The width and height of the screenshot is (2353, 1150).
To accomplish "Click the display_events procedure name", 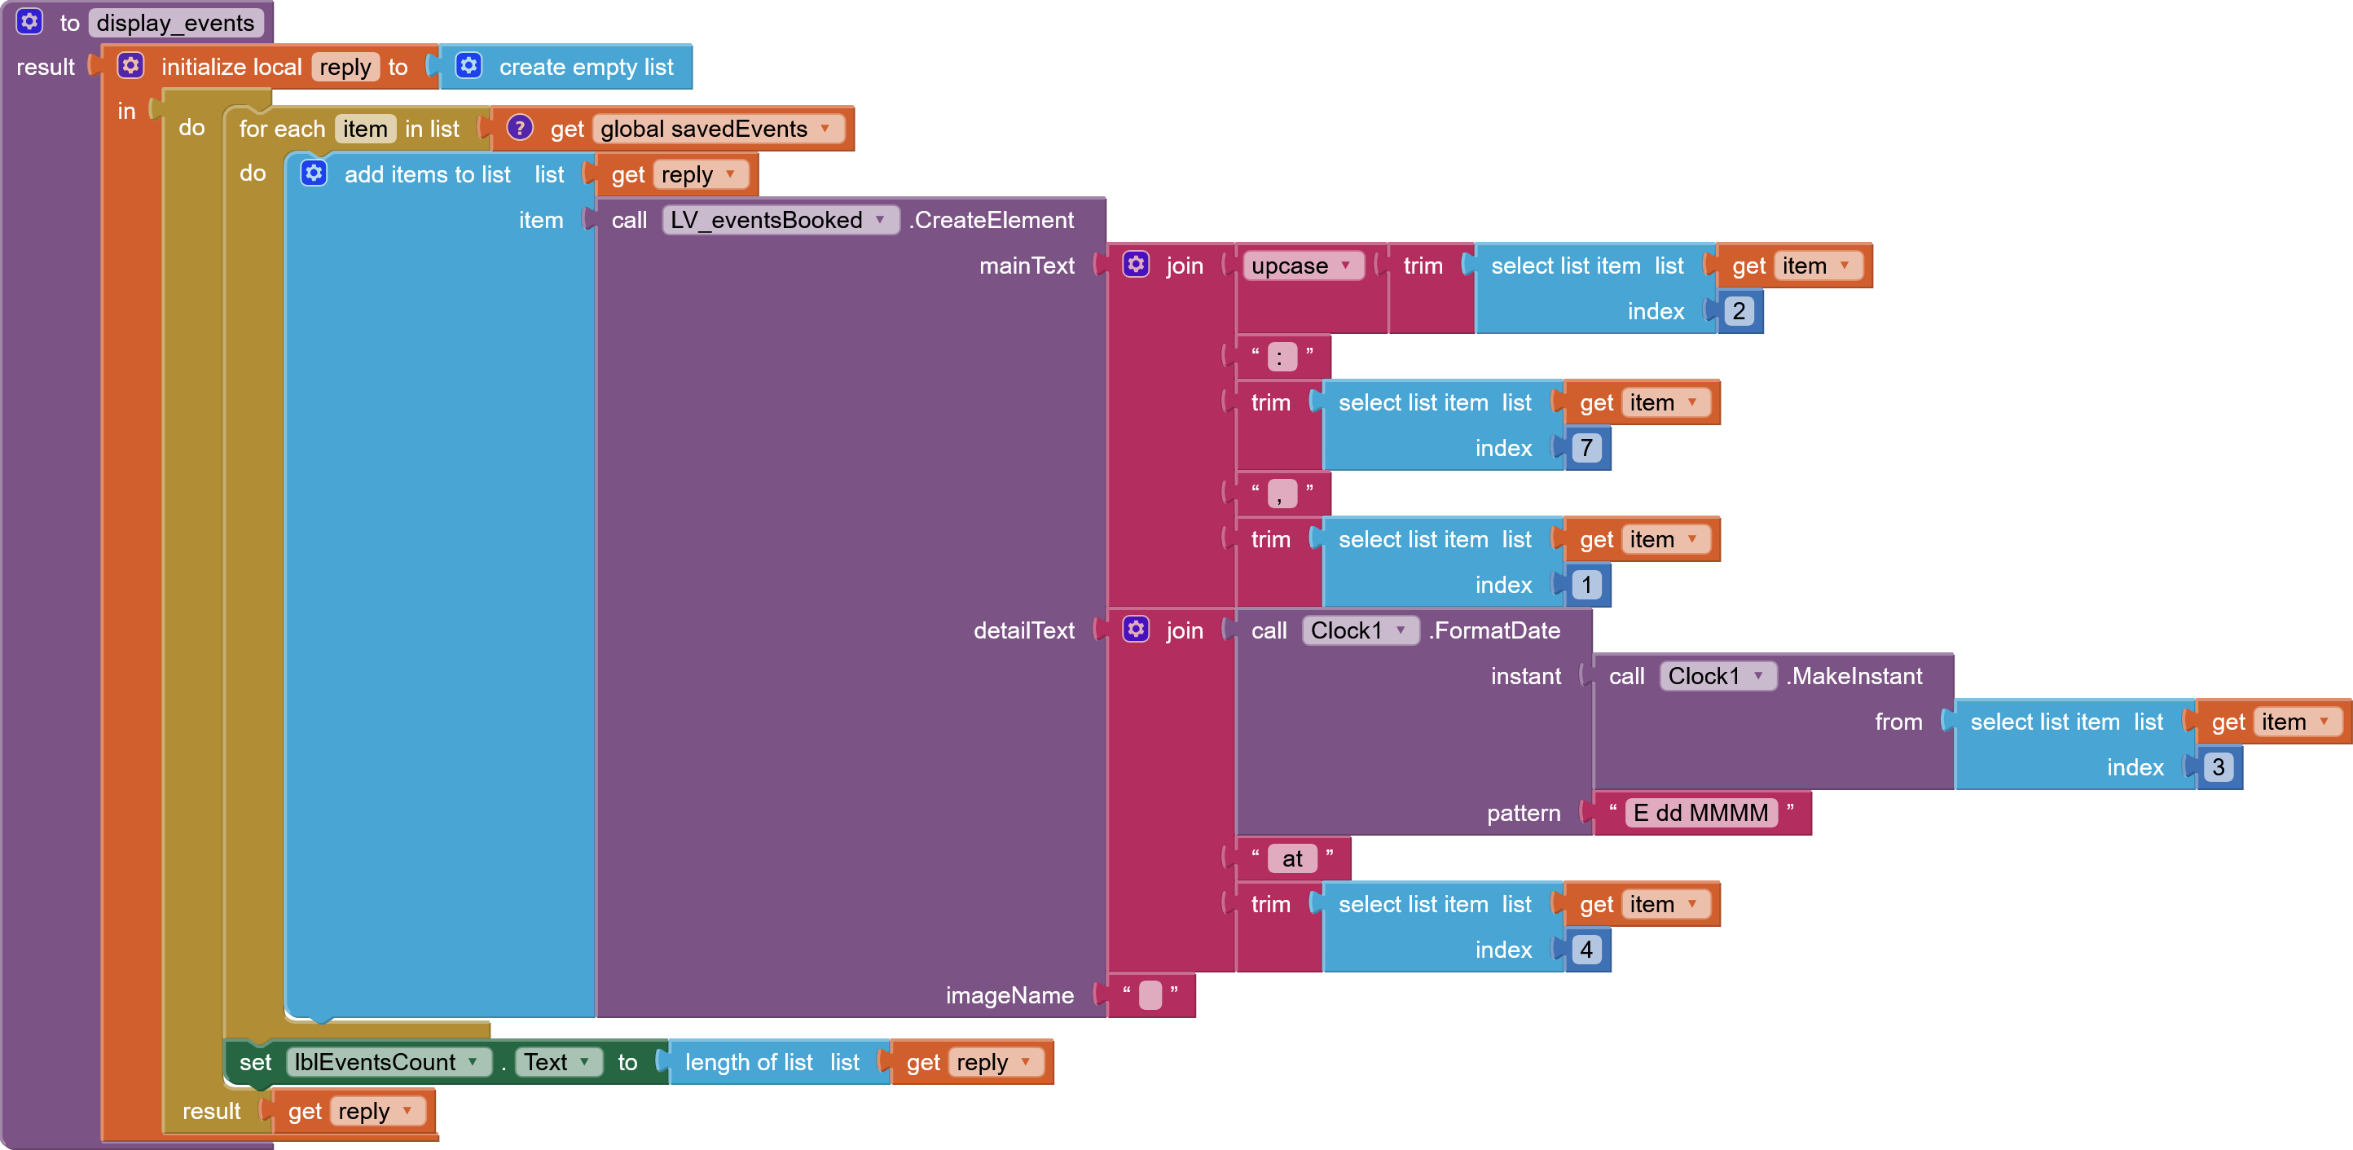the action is [175, 23].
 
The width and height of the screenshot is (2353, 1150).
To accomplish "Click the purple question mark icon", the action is [520, 128].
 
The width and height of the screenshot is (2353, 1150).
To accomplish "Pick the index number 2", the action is [1739, 311].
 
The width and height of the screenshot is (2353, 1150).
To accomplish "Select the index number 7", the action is [1586, 449].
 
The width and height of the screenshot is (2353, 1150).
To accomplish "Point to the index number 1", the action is [1586, 586].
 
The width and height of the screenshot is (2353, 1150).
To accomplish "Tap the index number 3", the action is [2219, 767].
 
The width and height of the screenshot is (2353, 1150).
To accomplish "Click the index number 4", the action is [1586, 950].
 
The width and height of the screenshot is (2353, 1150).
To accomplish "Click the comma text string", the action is [1282, 494].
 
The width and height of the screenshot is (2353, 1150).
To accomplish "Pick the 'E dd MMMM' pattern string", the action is [1702, 813].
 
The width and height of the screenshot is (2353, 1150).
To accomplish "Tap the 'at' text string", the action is [1292, 858].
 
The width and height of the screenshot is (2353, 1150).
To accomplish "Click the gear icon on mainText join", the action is [1137, 265].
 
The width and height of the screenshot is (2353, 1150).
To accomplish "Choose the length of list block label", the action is [749, 1062].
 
